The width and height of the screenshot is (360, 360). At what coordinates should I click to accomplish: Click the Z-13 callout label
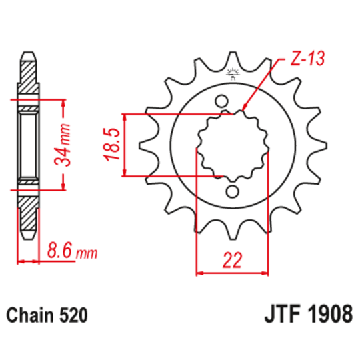point(307,60)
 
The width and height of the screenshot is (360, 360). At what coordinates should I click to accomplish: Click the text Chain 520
point(46,315)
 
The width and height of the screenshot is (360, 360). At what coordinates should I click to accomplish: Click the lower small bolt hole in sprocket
point(232,192)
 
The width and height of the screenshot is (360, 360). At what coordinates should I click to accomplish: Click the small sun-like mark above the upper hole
point(233,73)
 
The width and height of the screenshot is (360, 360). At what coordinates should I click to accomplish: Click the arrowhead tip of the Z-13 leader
point(244,108)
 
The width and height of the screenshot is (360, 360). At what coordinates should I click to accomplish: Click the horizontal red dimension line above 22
point(233,273)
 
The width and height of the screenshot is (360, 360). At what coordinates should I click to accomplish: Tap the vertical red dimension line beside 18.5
point(125,145)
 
